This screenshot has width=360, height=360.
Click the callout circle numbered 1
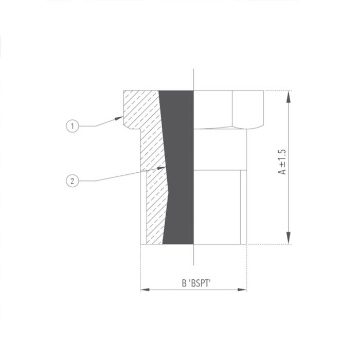(74, 125)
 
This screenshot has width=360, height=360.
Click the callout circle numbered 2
(74, 181)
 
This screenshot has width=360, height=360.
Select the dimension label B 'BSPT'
(193, 282)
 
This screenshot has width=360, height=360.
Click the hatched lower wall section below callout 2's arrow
(154, 211)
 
